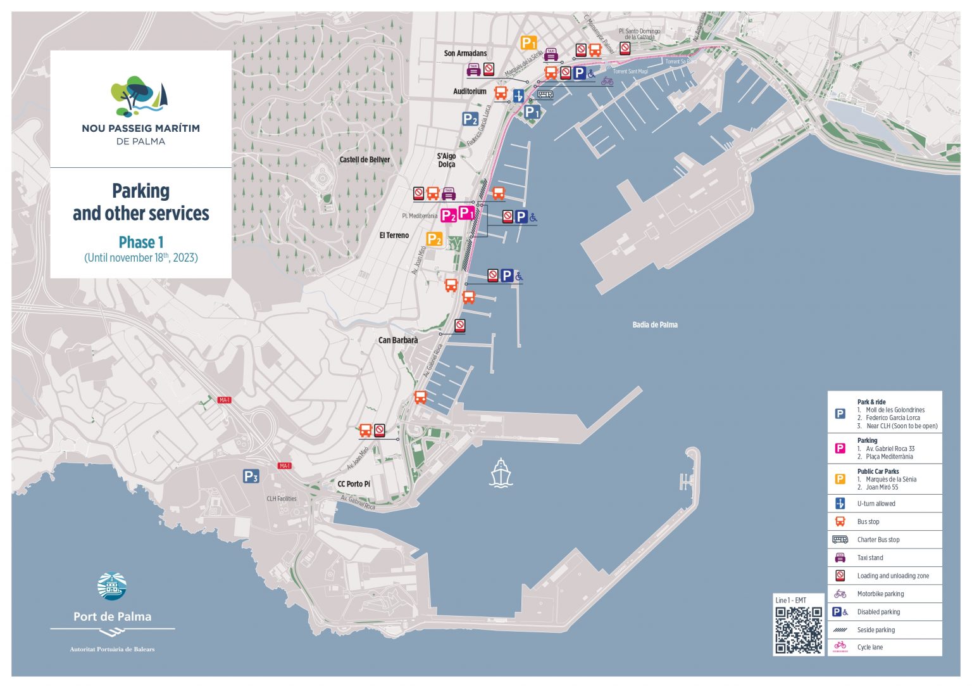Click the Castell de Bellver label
pyautogui.click(x=364, y=160)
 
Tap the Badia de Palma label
pyautogui.click(x=655, y=325)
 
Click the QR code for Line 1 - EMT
pyautogui.click(x=799, y=630)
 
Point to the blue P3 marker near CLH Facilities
pyautogui.click(x=251, y=476)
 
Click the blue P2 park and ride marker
pyautogui.click(x=470, y=119)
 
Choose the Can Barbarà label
pyautogui.click(x=398, y=340)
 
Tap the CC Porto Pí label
pyautogui.click(x=354, y=484)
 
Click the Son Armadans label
pyautogui.click(x=465, y=53)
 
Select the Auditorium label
pyautogui.click(x=470, y=91)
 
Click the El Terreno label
pyautogui.click(x=394, y=235)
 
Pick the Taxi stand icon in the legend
pyautogui.click(x=840, y=557)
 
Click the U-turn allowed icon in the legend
pyautogui.click(x=840, y=504)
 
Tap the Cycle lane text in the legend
pyautogui.click(x=869, y=647)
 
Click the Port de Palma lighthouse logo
pyautogui.click(x=112, y=587)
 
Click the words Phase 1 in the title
pyautogui.click(x=141, y=243)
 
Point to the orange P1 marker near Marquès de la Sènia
pyautogui.click(x=528, y=43)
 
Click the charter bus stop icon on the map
pyautogui.click(x=545, y=94)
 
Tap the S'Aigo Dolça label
pyautogui.click(x=446, y=160)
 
